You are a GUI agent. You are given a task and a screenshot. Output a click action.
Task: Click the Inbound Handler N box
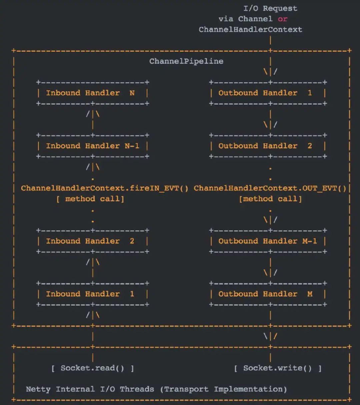(93, 93)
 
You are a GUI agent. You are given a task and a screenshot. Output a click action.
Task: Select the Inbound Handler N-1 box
(93, 146)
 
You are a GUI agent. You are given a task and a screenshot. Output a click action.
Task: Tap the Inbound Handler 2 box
(93, 241)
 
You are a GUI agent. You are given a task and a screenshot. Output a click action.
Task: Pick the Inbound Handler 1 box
(93, 294)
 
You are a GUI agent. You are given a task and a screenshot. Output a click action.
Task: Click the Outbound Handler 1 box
(268, 93)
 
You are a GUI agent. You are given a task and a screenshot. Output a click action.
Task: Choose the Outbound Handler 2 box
(268, 146)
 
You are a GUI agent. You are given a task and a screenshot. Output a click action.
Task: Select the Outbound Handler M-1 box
(268, 241)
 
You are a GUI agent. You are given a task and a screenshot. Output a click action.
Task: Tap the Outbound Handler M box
(268, 294)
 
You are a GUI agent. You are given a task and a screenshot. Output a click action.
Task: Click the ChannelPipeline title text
(186, 61)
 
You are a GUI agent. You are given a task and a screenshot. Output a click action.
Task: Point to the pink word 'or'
(282, 19)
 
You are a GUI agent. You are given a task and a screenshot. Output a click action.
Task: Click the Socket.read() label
(92, 368)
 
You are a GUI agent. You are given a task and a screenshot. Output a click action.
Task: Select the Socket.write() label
(277, 368)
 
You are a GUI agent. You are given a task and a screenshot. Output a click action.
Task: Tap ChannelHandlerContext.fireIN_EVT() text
(105, 188)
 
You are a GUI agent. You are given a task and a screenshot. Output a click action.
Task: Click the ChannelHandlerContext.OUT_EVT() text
(270, 188)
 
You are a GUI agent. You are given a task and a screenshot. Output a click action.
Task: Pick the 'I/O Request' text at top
(270, 8)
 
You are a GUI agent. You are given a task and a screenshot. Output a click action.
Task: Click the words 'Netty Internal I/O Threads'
(90, 389)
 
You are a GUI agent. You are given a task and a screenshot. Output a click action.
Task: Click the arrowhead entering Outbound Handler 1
(270, 72)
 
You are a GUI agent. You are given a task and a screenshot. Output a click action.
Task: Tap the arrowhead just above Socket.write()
(270, 336)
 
